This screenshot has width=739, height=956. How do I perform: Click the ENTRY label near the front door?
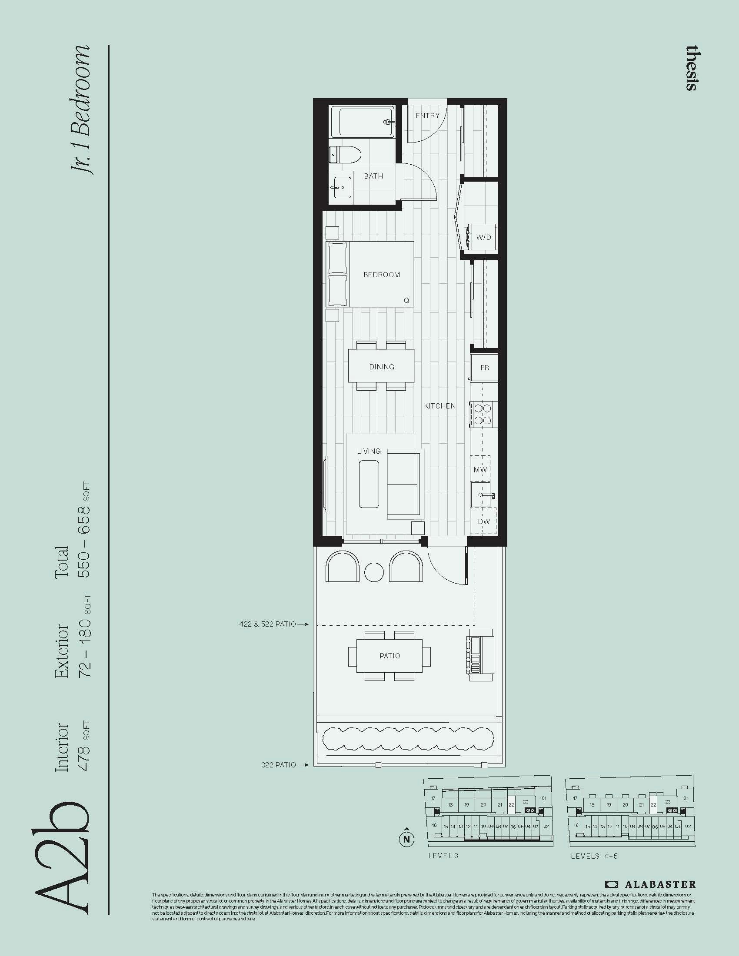tap(427, 116)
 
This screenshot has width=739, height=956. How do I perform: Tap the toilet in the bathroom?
tap(345, 155)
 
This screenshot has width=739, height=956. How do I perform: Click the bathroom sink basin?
tap(341, 187)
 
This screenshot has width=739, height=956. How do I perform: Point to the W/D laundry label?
tap(483, 237)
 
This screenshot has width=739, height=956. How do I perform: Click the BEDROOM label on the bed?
tap(381, 275)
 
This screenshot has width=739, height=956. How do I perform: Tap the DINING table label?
tap(381, 367)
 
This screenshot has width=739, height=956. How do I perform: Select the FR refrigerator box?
tap(484, 368)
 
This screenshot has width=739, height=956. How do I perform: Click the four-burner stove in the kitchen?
tap(483, 414)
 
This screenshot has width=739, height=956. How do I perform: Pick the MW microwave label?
tap(480, 470)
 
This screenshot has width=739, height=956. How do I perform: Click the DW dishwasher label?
tap(483, 521)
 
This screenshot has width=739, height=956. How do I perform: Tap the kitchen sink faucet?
tap(487, 495)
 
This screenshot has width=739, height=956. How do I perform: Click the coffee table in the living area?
tap(369, 484)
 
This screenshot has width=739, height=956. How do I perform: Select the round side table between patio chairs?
tap(374, 572)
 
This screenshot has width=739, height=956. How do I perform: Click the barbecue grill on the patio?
tap(481, 655)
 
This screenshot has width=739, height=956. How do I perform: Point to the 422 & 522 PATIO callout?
tap(267, 624)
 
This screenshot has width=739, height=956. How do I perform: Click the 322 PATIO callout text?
tap(279, 765)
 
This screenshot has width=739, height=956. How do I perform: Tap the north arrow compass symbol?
tap(407, 839)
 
